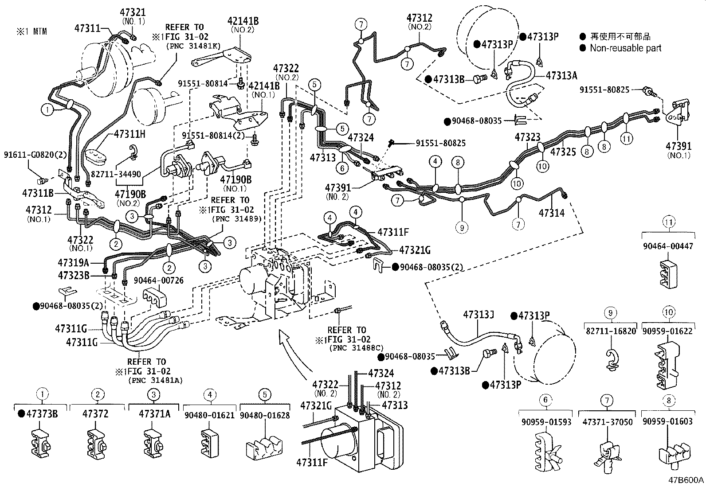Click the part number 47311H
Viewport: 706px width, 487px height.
(x=129, y=133)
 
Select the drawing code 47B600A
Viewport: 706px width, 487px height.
(x=686, y=480)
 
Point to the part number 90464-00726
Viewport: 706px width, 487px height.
(x=158, y=281)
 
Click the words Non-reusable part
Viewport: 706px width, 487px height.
(x=625, y=48)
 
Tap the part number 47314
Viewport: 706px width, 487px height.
(x=551, y=213)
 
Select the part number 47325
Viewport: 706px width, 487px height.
(x=563, y=152)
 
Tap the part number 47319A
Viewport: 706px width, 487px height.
(x=74, y=262)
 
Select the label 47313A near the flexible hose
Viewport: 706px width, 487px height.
(x=561, y=75)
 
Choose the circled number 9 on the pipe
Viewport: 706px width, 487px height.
(x=462, y=227)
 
